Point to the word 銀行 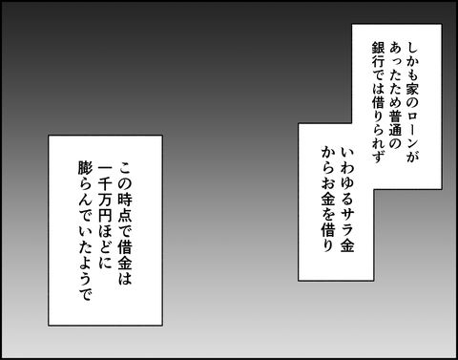tap(378, 56)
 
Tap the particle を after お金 tap(327, 216)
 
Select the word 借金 tap(125, 248)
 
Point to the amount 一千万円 tap(105, 192)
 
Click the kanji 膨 tap(85, 169)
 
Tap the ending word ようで tap(85, 279)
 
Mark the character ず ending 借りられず tap(378, 156)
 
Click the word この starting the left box tap(125, 176)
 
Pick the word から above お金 tap(327, 161)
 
